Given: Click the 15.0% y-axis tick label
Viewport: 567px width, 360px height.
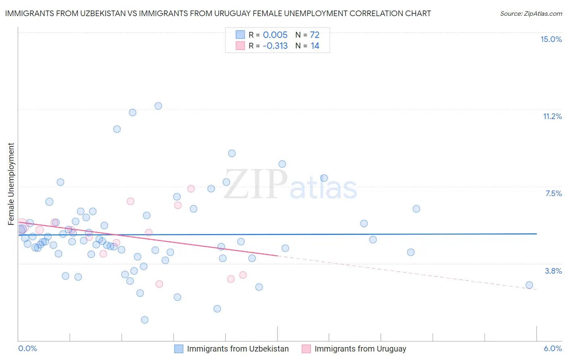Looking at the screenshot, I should coord(551,39).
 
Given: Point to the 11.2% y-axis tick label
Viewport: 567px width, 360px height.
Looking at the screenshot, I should coord(552,116).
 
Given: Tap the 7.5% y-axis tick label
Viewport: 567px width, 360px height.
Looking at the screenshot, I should coord(553,193).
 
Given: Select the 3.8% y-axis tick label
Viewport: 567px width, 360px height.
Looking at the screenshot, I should coord(553,271).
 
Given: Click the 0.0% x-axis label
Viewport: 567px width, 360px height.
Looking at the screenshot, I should coord(27,348).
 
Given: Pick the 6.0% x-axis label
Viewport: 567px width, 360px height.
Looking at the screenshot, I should coord(552,348).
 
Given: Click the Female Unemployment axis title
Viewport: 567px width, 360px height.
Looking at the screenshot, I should coord(11,184).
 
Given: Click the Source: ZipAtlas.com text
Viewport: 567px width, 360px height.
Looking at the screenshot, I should coord(531,13).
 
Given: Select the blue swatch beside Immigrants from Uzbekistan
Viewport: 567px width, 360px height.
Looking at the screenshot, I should coord(179,349).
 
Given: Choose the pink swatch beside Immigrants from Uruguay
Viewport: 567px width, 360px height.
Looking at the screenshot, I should coord(306,349).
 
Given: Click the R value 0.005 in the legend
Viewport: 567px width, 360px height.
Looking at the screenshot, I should coord(275,35).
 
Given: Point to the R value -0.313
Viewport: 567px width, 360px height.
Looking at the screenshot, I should coord(275,46).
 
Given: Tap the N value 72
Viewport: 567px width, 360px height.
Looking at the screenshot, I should coord(315,35).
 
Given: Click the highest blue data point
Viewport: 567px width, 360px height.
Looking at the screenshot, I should coord(158,106).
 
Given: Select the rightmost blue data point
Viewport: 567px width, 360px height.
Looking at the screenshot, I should coord(529,285).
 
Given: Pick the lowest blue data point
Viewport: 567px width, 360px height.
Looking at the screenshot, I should coord(144,320).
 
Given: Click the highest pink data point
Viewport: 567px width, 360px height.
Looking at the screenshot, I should coord(191,188).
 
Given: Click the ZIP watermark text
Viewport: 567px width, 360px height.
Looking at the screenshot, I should coord(255,184).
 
